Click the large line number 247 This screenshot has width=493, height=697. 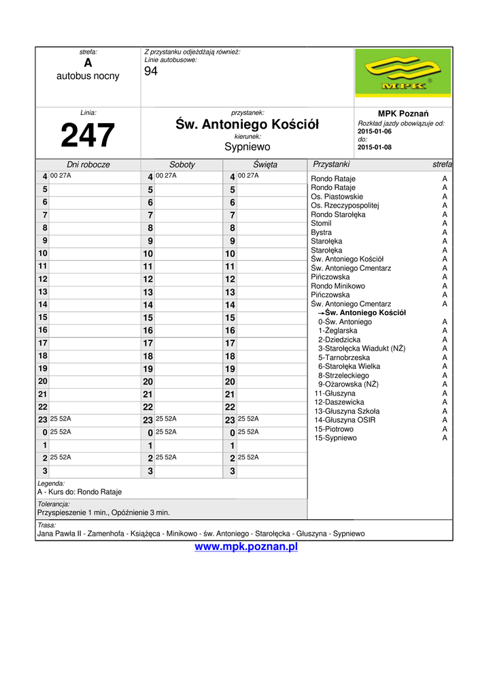pos(88,135)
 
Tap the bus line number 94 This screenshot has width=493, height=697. pos(151,71)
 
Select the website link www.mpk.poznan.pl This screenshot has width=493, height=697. pos(246,547)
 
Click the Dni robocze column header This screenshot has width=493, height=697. pos(88,165)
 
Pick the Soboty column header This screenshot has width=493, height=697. pos(182,165)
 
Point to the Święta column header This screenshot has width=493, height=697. pos(265,165)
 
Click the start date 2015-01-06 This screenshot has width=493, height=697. pos(375,131)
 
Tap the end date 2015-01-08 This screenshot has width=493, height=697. pos(375,147)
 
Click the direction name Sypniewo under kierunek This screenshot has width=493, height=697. pos(248,146)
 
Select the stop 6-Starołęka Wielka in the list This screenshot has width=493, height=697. pos(349,366)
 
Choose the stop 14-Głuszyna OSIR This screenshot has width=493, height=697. pos(346,420)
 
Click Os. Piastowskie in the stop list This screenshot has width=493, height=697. pos(337,197)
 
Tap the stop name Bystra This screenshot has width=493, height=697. pos(322,232)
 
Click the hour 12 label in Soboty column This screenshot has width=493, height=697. pos(148,279)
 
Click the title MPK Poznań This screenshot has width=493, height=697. pos(403,113)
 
